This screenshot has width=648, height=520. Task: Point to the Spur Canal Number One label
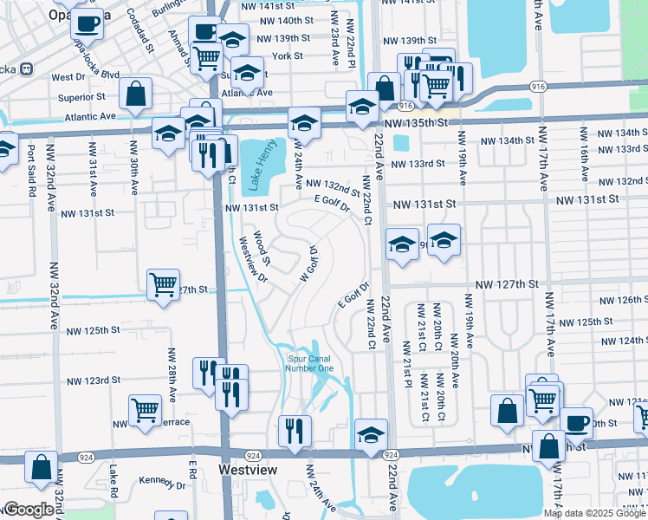tap(309, 362)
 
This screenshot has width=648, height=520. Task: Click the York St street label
tap(286, 55)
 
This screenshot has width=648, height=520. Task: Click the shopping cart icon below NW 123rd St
tap(145, 410)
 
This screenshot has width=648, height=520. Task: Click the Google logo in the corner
tap(28, 510)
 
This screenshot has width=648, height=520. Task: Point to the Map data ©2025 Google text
tap(593, 513)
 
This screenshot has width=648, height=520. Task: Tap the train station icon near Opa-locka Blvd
tap(27, 68)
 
